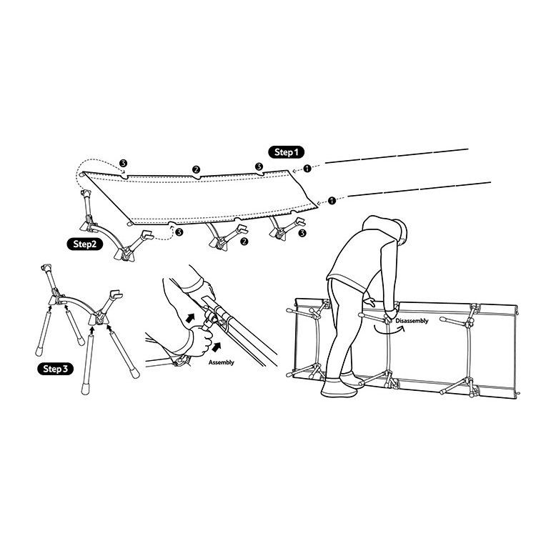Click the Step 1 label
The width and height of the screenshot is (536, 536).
(284, 152)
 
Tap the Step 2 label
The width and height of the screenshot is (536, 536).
(85, 243)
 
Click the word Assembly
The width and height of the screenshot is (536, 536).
(222, 363)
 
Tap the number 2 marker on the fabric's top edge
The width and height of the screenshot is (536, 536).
(194, 169)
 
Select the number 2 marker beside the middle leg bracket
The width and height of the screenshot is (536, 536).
(244, 242)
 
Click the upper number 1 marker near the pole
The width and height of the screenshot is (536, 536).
(307, 169)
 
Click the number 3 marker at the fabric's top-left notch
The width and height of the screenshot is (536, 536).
(124, 164)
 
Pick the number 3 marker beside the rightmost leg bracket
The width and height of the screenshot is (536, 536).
(302, 233)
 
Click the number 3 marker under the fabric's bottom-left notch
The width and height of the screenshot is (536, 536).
(178, 232)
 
